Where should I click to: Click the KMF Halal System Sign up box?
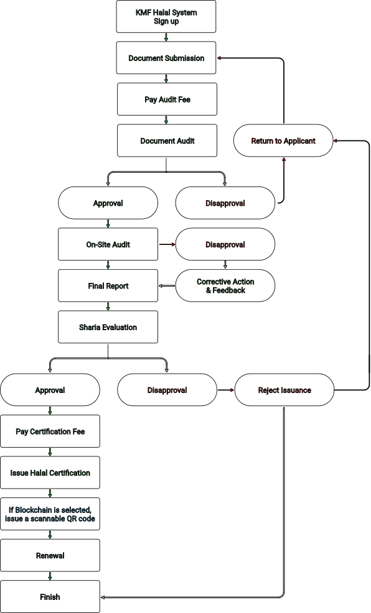(166, 16)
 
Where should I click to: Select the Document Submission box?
(166, 58)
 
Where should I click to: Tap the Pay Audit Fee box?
(167, 99)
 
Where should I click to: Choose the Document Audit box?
(167, 141)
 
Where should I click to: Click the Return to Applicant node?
(283, 141)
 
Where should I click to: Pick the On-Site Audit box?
(108, 244)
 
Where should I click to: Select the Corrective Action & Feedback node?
(225, 286)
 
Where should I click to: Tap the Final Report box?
(108, 286)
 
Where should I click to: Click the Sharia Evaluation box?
(108, 327)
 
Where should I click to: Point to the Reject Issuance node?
(284, 390)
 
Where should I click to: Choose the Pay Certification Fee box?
(50, 431)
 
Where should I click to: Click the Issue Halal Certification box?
(50, 472)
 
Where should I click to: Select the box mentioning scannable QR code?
(50, 514)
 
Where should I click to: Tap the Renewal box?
(50, 556)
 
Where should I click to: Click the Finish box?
(50, 597)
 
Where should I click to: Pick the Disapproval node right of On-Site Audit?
(225, 244)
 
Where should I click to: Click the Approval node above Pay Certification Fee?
(50, 390)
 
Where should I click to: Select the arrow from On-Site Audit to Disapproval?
(167, 244)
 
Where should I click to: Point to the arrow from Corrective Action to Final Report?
(167, 286)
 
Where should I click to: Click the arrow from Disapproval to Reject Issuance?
(226, 390)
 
